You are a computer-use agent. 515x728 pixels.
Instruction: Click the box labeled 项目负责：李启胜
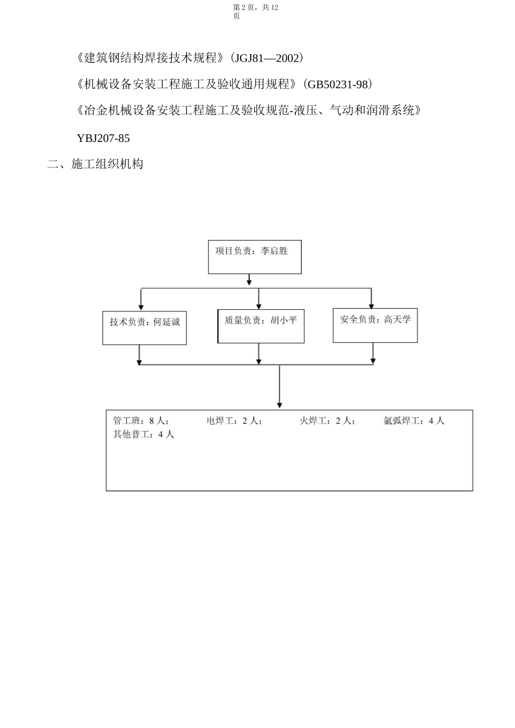click(255, 257)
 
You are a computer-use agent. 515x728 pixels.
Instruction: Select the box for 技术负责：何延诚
click(145, 328)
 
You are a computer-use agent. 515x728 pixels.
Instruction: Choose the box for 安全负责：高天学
click(375, 325)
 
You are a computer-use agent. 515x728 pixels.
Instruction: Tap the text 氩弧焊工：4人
click(414, 421)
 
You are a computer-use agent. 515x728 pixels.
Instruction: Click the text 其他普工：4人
click(144, 434)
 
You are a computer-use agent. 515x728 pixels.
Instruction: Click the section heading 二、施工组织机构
click(95, 164)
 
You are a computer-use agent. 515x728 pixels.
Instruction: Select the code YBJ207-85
click(104, 138)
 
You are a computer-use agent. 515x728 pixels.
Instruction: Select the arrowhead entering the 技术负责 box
click(141, 307)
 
